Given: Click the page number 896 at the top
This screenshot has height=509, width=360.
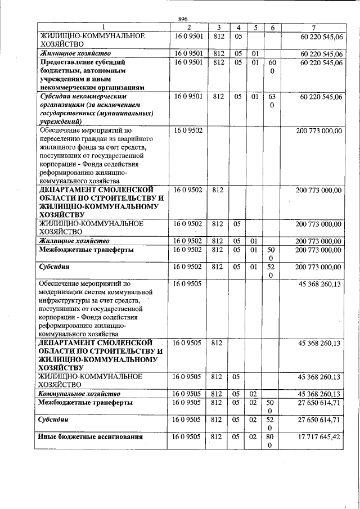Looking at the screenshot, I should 182,19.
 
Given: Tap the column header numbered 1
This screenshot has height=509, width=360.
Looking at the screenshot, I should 102,28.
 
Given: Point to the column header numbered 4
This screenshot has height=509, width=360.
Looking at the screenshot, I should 238,28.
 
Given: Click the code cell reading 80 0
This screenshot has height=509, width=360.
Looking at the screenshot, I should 272,441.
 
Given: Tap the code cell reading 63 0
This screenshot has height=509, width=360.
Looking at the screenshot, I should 272,101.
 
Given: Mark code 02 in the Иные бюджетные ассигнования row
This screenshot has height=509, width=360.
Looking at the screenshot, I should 255,436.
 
